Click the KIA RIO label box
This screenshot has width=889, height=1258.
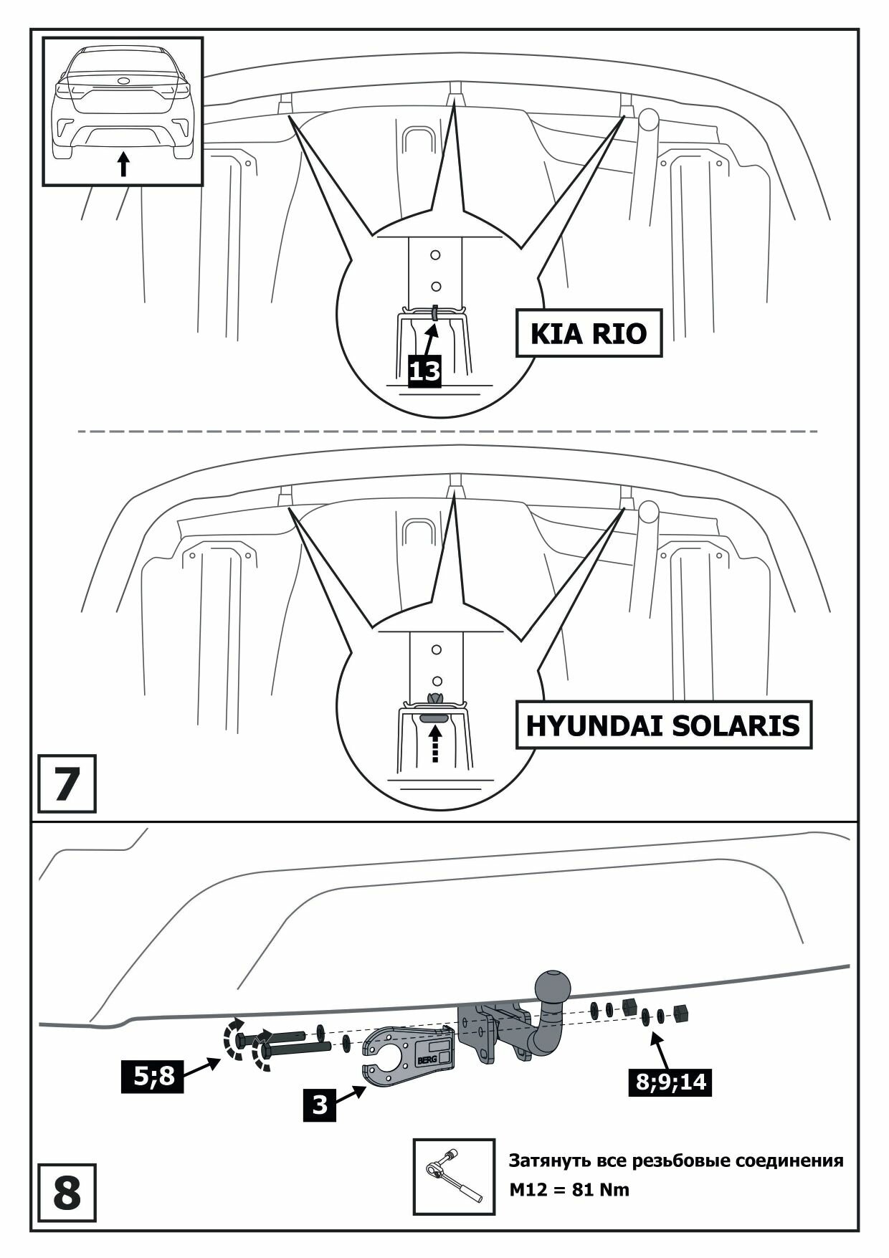click(588, 333)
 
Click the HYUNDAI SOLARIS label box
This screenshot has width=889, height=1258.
click(663, 725)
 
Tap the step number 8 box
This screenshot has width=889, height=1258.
click(66, 1193)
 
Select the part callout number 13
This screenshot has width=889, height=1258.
click(424, 371)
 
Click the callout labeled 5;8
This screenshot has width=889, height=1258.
click(153, 1076)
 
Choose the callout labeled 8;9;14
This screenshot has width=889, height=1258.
click(671, 1081)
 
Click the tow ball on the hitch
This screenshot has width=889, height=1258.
click(553, 987)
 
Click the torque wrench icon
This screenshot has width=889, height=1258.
click(453, 1176)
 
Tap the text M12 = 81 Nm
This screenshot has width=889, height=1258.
click(569, 1191)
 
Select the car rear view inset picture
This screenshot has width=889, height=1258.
click(123, 112)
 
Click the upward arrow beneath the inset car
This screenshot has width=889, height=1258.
click(123, 163)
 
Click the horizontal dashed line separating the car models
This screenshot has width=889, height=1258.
click(447, 432)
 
